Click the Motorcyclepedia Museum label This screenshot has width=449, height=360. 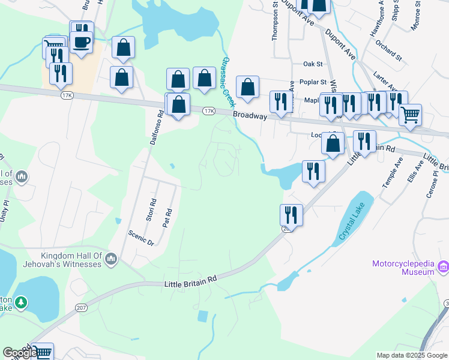(403, 268)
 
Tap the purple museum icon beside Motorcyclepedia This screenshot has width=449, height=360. (444, 266)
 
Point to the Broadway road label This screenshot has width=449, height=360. (249, 115)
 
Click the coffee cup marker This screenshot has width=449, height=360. (81, 43)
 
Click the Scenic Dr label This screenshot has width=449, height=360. (141, 238)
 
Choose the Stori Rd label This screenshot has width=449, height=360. (152, 207)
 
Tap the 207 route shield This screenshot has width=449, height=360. (80, 307)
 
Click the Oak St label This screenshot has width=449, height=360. (313, 64)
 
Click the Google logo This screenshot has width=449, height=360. (20, 353)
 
